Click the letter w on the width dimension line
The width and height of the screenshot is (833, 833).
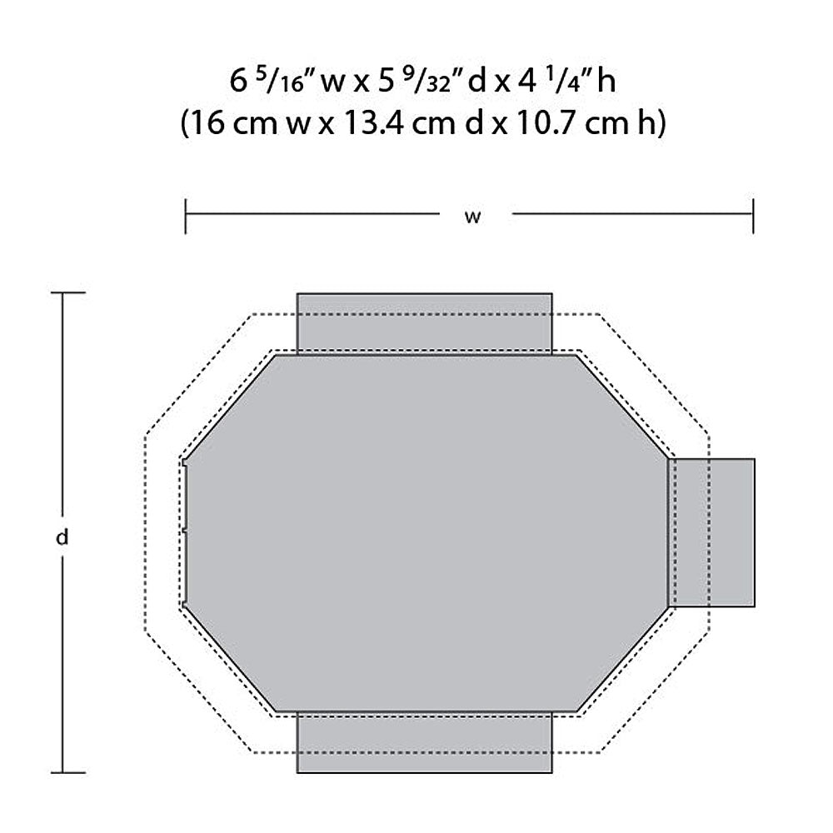[x=472, y=217]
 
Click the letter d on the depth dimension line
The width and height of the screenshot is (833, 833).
[x=62, y=537]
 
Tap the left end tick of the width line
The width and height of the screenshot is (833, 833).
[x=186, y=217]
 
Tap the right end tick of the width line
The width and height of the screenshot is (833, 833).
[x=753, y=217]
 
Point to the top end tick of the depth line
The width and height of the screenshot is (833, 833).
[x=68, y=292]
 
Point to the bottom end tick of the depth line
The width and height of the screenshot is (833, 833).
[x=68, y=772]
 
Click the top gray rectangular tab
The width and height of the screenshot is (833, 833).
[x=425, y=323]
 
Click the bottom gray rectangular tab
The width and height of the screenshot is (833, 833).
[x=425, y=742]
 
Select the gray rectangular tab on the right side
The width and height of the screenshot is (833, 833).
[x=711, y=532]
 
